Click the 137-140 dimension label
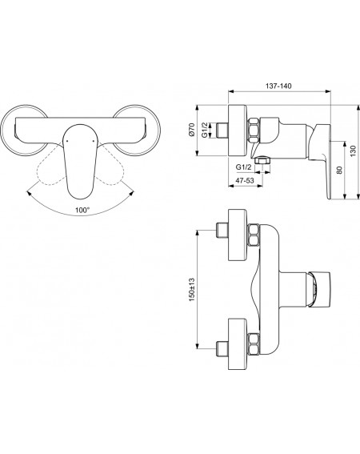(278, 86)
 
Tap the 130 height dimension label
(353, 151)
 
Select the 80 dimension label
(340, 170)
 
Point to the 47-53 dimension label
(245, 180)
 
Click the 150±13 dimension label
(192, 290)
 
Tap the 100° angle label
(82, 211)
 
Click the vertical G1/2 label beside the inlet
(205, 130)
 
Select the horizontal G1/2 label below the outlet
(243, 167)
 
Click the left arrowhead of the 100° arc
(29, 193)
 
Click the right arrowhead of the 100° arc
(132, 193)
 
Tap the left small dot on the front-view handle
(67, 141)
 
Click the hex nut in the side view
(254, 130)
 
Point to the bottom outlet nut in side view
(262, 159)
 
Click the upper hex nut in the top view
(254, 235)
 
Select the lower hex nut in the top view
(254, 344)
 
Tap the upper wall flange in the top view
(238, 235)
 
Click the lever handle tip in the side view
(329, 197)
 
